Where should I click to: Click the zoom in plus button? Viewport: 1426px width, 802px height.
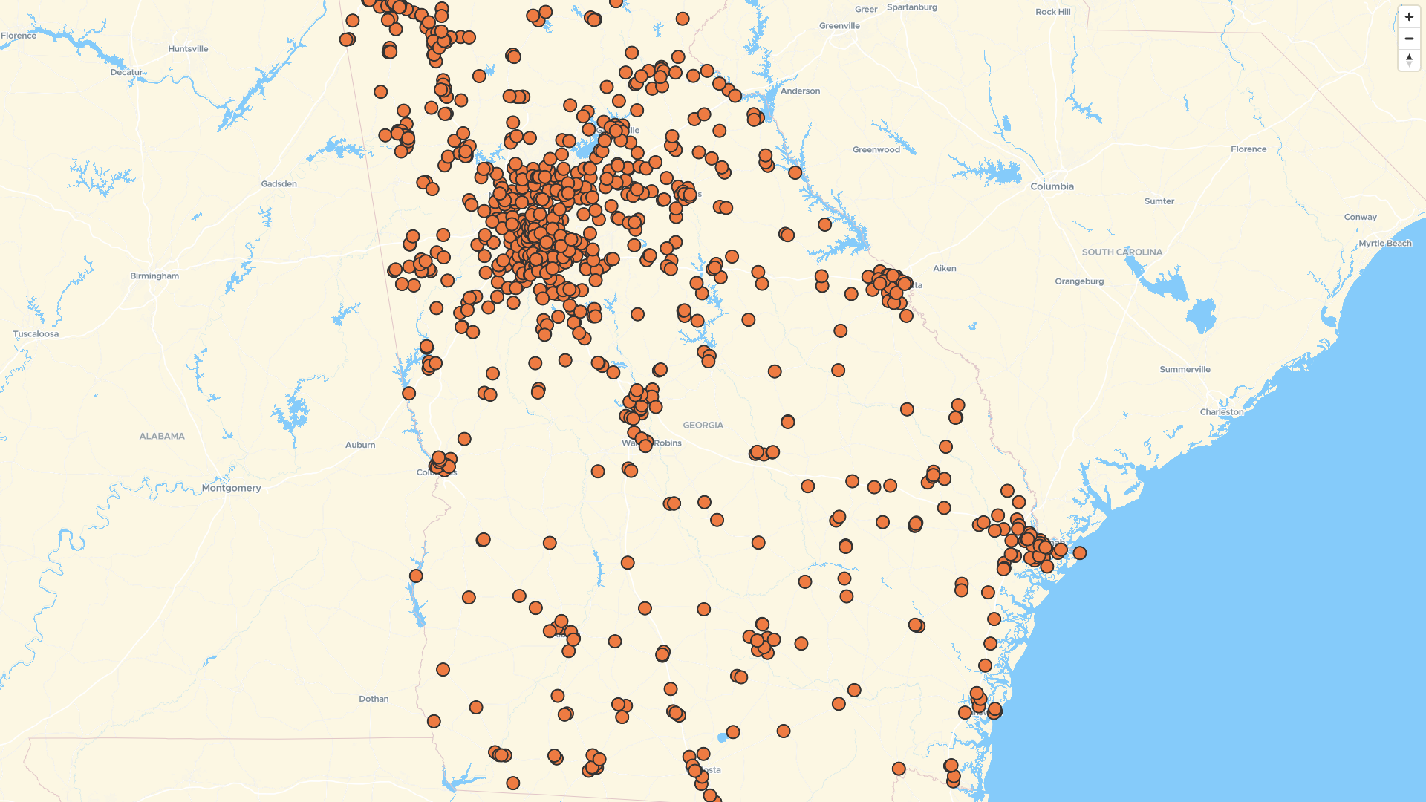(1409, 17)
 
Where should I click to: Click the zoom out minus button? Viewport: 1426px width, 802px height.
(1409, 39)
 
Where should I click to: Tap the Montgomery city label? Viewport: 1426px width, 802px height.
(231, 488)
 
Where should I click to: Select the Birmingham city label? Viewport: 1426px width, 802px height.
(154, 276)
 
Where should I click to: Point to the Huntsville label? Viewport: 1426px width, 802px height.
(188, 49)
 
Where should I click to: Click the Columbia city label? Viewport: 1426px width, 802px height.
(1052, 186)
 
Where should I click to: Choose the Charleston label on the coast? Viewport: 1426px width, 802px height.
(1221, 411)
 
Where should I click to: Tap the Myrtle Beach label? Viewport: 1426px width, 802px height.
(1385, 244)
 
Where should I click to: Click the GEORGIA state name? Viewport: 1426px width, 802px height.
(703, 426)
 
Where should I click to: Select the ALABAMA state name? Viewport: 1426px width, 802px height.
(162, 436)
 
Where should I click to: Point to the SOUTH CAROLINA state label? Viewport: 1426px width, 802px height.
(1121, 252)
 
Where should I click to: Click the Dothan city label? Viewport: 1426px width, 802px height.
(374, 699)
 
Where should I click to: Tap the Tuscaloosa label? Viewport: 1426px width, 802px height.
(36, 334)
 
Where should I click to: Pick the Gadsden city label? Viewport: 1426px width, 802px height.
(279, 184)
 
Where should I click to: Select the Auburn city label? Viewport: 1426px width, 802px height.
(360, 445)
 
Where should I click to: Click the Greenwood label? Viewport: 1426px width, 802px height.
(876, 150)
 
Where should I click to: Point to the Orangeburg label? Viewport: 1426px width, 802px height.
(1078, 281)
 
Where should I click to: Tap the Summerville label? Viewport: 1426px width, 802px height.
(1185, 370)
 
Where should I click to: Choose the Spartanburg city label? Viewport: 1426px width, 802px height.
(911, 7)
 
